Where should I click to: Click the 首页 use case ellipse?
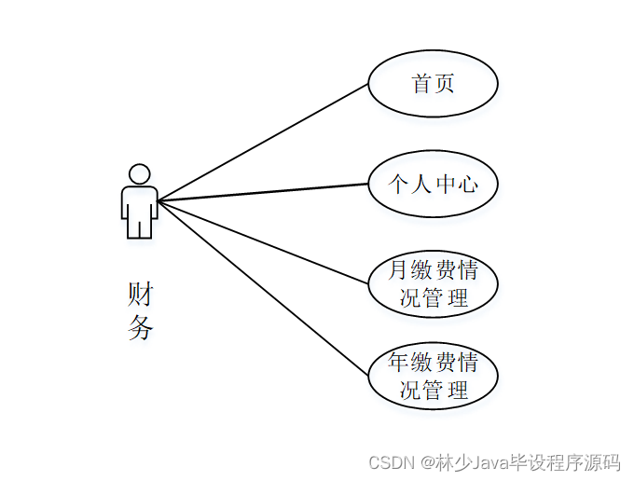coord(433,84)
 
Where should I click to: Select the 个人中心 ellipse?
coord(433,185)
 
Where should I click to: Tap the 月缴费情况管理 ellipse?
coord(433,284)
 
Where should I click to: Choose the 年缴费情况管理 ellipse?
coord(433,375)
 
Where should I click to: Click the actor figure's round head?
coord(139,174)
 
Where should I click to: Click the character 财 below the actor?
coord(140,295)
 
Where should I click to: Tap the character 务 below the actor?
coord(140,328)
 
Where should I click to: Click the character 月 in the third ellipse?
coord(398,271)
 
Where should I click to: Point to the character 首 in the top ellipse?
coord(421,84)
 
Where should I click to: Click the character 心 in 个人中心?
coord(468,185)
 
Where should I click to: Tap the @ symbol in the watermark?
coord(425,462)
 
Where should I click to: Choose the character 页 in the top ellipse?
coord(445,84)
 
